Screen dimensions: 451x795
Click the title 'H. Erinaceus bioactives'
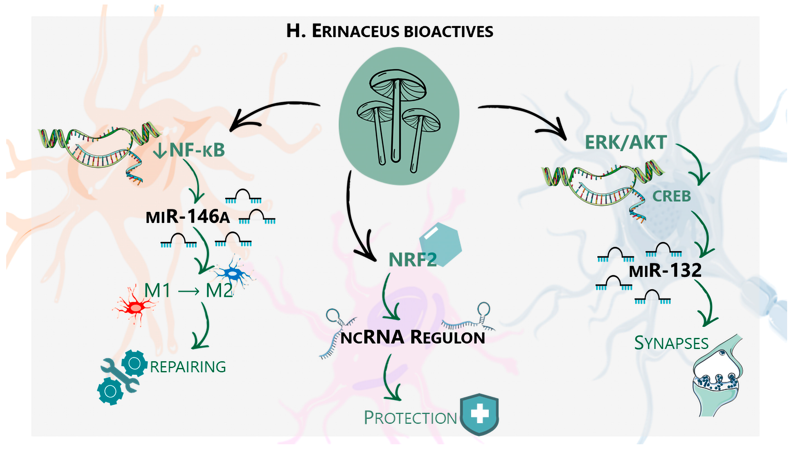click(x=389, y=31)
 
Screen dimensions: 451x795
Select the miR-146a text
click(x=188, y=217)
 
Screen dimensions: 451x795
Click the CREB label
click(x=672, y=196)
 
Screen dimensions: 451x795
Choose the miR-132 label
click(x=665, y=270)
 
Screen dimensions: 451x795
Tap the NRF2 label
click(x=412, y=260)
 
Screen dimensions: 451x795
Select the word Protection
click(x=410, y=418)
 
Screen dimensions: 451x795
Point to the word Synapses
click(x=671, y=343)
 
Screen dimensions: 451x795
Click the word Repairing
click(x=188, y=367)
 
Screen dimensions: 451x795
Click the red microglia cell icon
click(x=136, y=307)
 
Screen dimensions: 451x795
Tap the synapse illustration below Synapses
click(x=717, y=378)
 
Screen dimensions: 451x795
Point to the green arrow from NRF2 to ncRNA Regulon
click(x=389, y=297)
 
